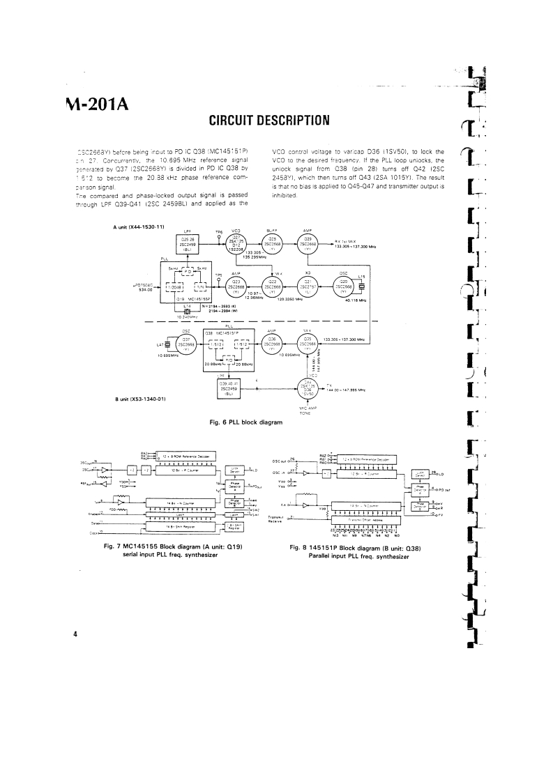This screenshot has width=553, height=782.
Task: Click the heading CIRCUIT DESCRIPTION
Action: [264, 121]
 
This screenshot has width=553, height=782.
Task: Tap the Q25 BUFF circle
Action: [273, 245]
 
